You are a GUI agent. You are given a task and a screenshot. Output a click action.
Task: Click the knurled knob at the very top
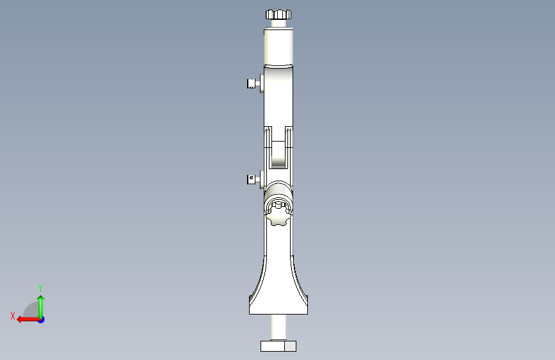(278, 14)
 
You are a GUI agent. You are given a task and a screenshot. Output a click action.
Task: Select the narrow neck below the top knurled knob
(278, 23)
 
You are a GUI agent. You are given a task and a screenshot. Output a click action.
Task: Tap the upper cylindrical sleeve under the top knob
(278, 45)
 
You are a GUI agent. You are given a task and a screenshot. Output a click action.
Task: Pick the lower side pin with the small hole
(253, 179)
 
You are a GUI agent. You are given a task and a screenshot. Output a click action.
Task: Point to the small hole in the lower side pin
(252, 177)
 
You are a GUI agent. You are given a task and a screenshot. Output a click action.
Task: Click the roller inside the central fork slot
(278, 154)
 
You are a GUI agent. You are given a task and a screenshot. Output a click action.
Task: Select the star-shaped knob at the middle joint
(279, 213)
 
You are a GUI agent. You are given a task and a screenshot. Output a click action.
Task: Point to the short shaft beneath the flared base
(278, 327)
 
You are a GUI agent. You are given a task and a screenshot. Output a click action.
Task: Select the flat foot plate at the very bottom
(275, 347)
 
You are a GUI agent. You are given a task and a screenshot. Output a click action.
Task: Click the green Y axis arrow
(40, 304)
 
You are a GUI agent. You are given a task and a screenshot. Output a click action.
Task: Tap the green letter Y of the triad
(40, 288)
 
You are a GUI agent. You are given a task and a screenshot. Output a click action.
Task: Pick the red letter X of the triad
(13, 316)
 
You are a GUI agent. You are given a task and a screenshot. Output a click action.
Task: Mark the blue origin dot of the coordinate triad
(41, 319)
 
